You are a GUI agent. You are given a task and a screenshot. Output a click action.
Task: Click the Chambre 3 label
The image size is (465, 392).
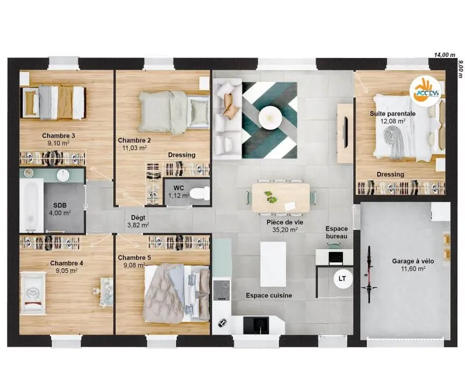point(59,136)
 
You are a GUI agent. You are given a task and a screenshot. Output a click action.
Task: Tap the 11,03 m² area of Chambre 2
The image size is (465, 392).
point(134,148)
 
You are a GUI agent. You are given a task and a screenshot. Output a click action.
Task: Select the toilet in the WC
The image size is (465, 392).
point(199,193)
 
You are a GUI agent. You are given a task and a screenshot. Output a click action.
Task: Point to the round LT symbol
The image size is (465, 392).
point(342,279)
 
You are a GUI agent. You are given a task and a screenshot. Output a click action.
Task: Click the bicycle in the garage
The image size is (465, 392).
point(369,274)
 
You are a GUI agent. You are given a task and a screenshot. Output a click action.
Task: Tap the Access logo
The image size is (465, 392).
point(425,91)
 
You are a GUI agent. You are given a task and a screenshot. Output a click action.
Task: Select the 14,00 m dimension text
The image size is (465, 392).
point(444,55)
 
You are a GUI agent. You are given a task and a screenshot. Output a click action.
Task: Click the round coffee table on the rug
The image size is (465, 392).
point(270,118)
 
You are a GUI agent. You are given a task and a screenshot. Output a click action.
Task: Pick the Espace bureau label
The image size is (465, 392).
point(337,232)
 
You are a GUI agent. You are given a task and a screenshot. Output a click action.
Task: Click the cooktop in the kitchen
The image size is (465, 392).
point(221,290)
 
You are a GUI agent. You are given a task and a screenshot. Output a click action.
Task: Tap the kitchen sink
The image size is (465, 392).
point(256,325)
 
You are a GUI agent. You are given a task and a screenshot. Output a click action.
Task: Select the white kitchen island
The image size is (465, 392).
point(273,264)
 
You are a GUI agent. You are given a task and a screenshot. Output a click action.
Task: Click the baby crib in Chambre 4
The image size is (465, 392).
point(33,293)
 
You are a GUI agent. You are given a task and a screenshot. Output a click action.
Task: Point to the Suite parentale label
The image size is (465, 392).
point(393,113)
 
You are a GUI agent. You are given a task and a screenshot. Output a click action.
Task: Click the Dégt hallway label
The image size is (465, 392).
point(138,218)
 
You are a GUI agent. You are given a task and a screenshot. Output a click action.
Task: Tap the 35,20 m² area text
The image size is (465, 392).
point(285,229)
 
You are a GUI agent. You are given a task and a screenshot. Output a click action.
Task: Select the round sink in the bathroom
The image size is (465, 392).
point(63,175)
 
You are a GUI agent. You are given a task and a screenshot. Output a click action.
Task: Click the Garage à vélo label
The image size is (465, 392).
point(413,261)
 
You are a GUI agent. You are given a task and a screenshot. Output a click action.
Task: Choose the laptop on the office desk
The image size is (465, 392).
point(336,258)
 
